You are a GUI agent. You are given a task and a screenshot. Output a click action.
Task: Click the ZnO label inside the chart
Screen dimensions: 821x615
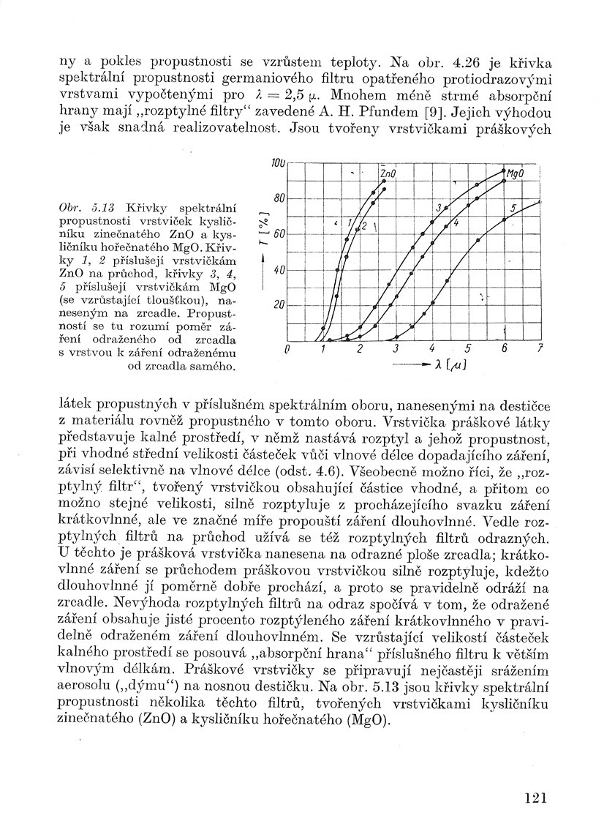click(x=388, y=174)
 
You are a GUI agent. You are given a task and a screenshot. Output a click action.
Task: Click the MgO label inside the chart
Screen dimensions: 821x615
click(x=517, y=175)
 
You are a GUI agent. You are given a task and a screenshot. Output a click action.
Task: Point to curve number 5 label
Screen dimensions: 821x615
click(x=513, y=209)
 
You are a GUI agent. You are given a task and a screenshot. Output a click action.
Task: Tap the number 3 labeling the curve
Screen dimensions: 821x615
click(x=437, y=208)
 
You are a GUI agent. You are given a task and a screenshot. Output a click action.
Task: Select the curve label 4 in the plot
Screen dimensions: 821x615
click(x=456, y=222)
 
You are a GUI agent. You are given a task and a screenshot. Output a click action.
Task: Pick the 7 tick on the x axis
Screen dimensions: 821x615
click(x=540, y=349)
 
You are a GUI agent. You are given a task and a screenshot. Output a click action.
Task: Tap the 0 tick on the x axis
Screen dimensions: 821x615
click(x=287, y=349)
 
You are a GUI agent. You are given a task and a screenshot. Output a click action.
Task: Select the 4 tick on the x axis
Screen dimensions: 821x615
click(x=432, y=349)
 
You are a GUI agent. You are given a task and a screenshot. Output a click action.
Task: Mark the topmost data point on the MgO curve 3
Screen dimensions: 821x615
click(x=505, y=171)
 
